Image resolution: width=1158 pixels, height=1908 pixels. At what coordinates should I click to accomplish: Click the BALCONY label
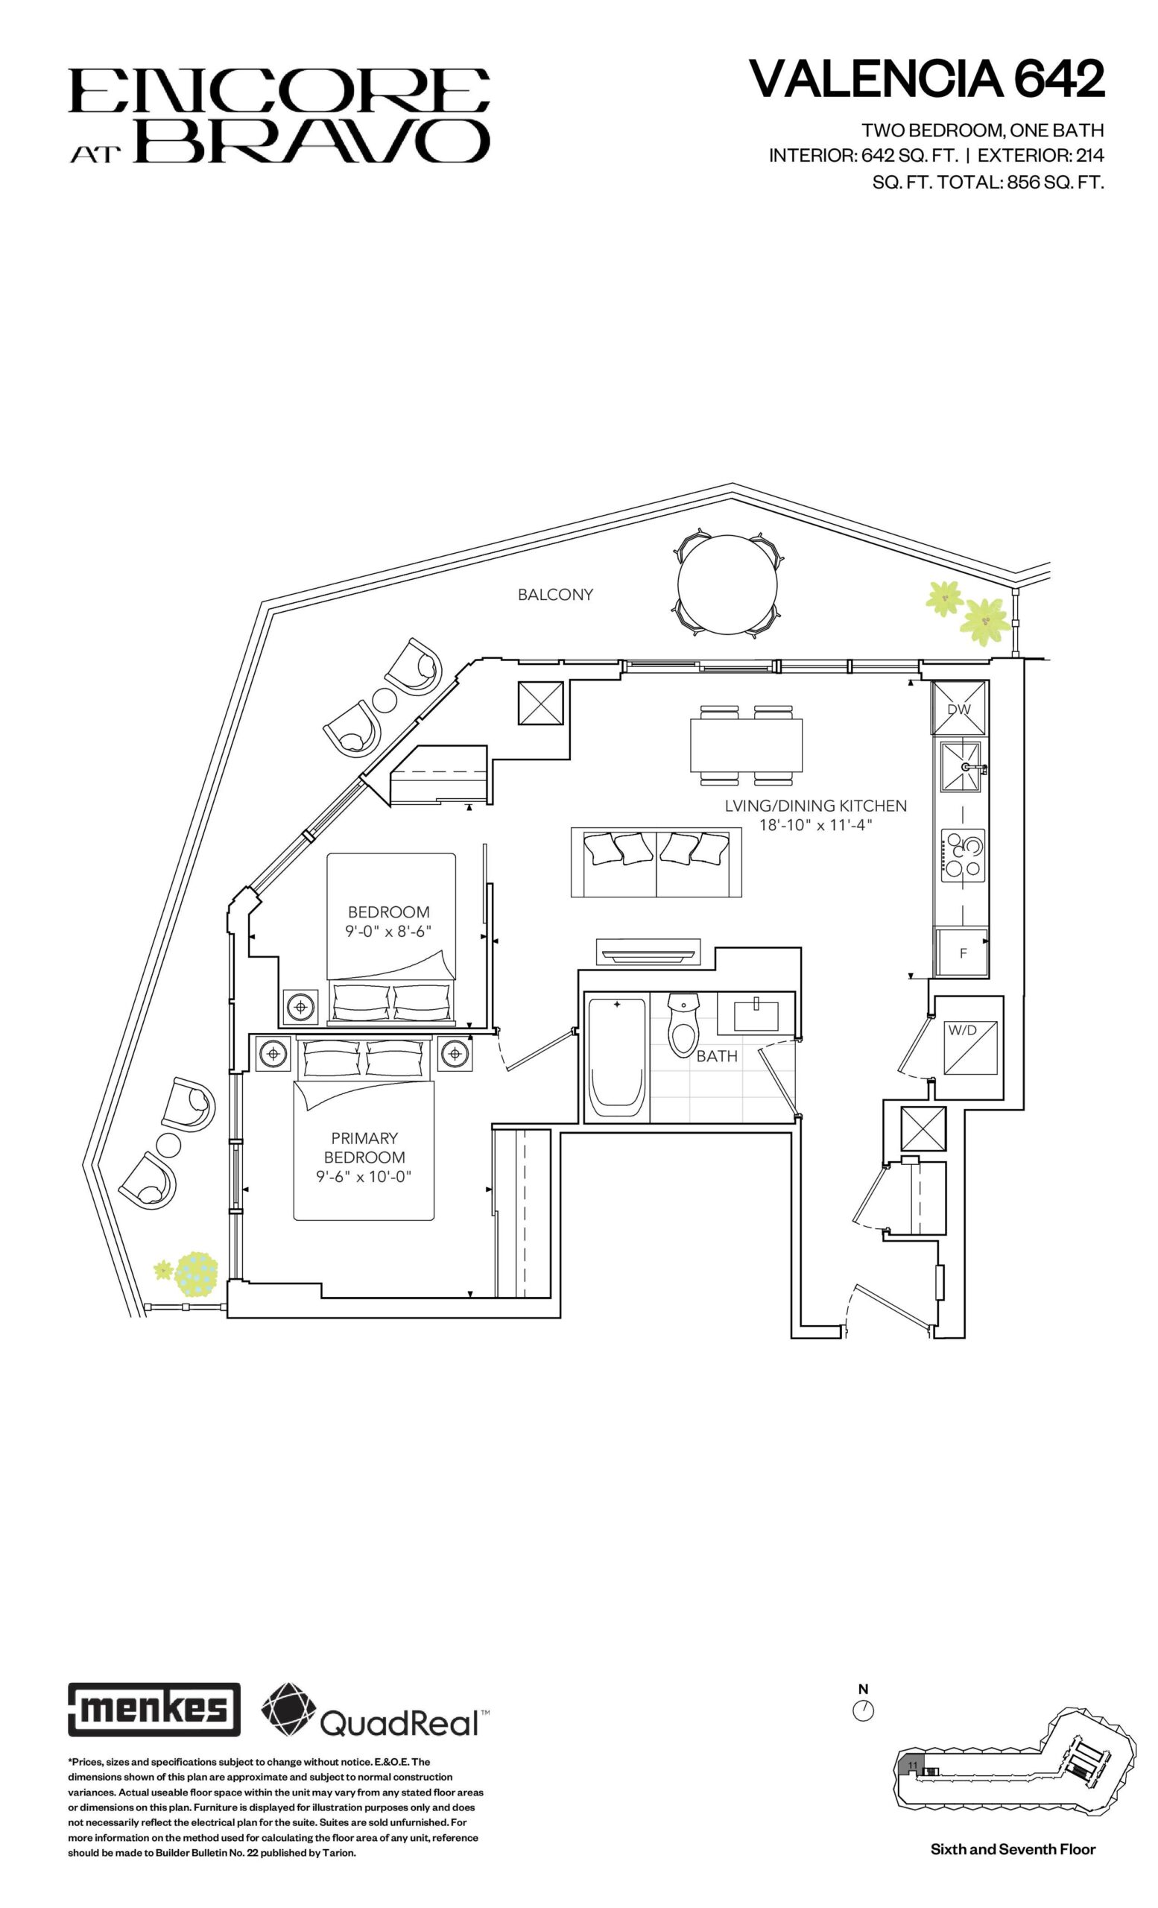point(555,594)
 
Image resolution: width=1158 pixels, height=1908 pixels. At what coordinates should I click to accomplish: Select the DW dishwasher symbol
point(959,708)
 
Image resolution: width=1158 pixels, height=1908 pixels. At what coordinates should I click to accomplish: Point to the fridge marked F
point(961,953)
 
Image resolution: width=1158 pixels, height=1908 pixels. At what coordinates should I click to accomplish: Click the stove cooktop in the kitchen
point(963,854)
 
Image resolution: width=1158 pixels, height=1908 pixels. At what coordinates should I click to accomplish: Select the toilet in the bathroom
point(683,1025)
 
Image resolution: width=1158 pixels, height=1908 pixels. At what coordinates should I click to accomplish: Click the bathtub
point(617,1058)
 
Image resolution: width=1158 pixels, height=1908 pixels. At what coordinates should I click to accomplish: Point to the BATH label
point(717,1055)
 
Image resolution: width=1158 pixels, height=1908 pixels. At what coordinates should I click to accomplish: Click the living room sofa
point(656,862)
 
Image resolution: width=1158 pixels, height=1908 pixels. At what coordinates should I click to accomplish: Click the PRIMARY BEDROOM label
point(364,1147)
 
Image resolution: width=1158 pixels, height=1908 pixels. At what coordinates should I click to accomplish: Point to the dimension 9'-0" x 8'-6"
point(387,931)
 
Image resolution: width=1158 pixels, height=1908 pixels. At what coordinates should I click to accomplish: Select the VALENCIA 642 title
point(926,78)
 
